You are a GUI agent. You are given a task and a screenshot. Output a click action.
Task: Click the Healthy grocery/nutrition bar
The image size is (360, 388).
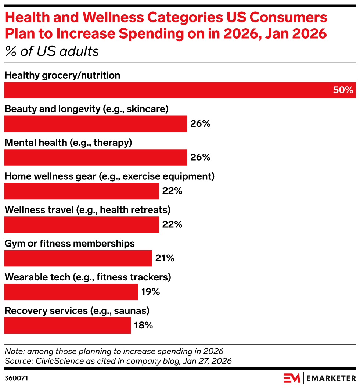click(180, 90)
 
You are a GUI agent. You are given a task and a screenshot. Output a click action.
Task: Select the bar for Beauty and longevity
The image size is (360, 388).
click(96, 124)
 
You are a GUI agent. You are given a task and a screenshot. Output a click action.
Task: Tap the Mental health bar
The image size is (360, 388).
click(96, 157)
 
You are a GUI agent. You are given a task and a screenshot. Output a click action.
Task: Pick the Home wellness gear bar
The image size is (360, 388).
click(82, 191)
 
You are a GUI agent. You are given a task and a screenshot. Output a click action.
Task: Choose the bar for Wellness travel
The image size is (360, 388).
click(82, 224)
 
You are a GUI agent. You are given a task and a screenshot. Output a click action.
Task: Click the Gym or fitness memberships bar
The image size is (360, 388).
click(78, 258)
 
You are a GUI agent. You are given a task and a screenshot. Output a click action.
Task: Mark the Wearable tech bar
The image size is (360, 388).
click(71, 292)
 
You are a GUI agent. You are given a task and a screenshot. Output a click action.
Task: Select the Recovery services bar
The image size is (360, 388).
click(68, 325)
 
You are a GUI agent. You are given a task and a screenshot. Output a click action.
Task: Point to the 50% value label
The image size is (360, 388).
click(343, 90)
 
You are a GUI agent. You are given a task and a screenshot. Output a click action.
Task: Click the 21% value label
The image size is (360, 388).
click(164, 258)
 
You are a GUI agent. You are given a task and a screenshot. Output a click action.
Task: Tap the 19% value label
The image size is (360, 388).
click(150, 292)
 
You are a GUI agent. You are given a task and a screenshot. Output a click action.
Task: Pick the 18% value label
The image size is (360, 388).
click(143, 325)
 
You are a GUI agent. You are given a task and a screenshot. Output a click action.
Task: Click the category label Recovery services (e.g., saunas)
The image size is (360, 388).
click(77, 311)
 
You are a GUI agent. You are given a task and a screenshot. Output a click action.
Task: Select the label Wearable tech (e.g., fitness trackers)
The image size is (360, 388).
click(88, 277)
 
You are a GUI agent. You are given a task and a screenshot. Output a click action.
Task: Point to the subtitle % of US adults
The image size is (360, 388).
click(52, 51)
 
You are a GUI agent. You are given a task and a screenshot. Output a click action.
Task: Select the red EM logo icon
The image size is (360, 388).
click(292, 378)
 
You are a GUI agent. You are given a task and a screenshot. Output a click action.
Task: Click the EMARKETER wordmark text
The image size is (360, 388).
click(331, 378)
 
